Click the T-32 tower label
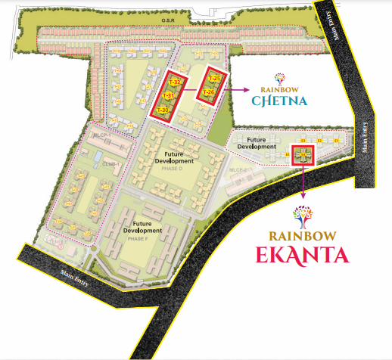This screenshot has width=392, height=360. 174,82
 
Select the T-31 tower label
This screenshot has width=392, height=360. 169,96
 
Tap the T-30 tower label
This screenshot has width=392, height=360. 162,110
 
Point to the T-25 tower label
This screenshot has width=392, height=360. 213,79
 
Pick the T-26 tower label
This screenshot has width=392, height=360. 209,92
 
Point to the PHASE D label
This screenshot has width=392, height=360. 173,169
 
